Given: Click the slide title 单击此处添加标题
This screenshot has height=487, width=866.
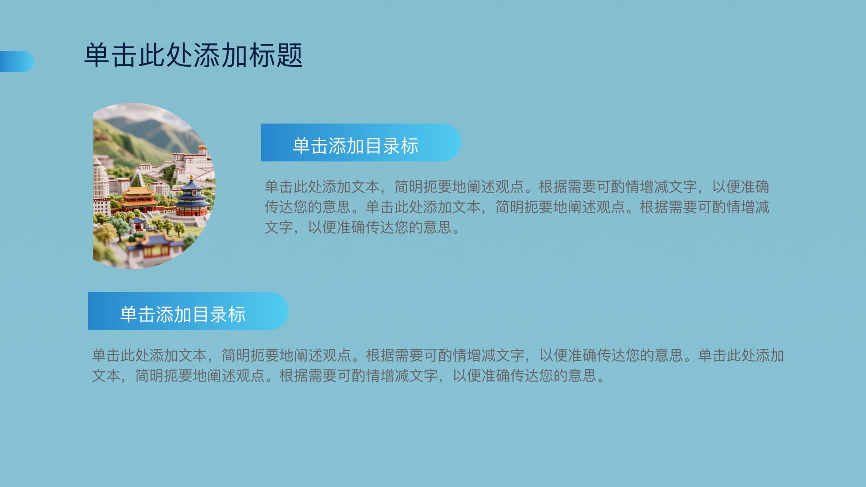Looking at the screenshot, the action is tap(193, 55).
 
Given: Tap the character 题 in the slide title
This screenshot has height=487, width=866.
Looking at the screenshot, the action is tap(289, 55).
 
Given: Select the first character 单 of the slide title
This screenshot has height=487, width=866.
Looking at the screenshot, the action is tap(97, 55).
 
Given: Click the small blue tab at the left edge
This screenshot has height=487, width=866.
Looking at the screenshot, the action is tap(17, 61).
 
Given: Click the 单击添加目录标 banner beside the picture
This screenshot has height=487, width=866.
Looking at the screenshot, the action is tap(361, 142).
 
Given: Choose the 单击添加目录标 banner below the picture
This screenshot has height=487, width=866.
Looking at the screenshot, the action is tap(188, 311).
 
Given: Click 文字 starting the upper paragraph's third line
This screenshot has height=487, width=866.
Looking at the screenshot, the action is tap(279, 227).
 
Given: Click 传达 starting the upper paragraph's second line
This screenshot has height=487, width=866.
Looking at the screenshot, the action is tap(279, 207).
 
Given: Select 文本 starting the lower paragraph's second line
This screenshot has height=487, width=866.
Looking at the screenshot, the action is tap(106, 375).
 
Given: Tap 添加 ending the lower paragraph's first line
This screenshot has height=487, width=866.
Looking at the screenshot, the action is tap(769, 355).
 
